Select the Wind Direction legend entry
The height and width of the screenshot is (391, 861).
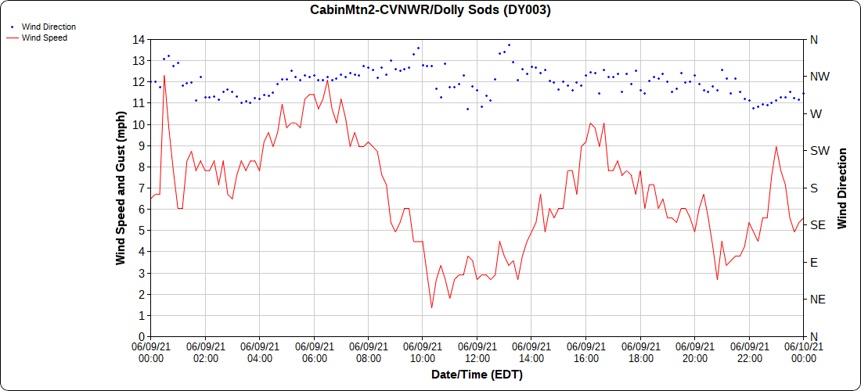click(49, 27)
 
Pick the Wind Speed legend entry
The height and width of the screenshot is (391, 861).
click(44, 37)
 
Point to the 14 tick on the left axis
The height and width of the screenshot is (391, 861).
click(139, 39)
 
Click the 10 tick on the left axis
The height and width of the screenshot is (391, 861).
click(139, 124)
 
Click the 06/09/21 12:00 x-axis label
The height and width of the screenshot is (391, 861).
click(477, 352)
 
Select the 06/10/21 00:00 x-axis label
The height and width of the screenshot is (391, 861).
click(803, 352)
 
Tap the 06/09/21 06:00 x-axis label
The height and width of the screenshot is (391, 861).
click(314, 352)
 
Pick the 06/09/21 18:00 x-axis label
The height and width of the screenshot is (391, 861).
click(640, 352)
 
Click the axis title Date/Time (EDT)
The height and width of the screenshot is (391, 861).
click(477, 375)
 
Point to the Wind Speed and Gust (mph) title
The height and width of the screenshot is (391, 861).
click(121, 188)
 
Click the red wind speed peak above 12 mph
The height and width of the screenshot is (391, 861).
click(164, 76)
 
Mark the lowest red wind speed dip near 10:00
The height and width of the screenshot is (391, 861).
click(431, 307)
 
